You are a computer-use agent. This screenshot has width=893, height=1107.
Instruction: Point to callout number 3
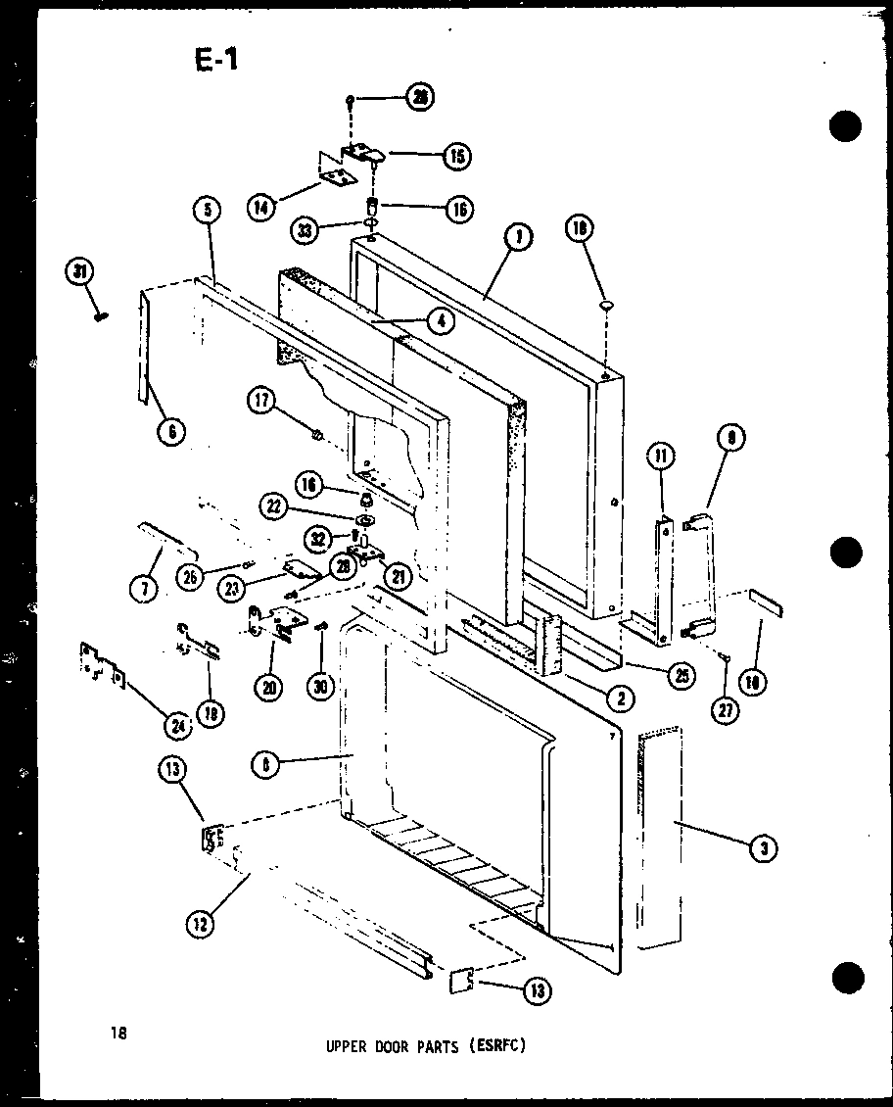tap(763, 850)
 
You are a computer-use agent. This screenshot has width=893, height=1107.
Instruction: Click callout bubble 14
tap(259, 208)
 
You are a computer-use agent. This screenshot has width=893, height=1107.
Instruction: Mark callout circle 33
tap(307, 231)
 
